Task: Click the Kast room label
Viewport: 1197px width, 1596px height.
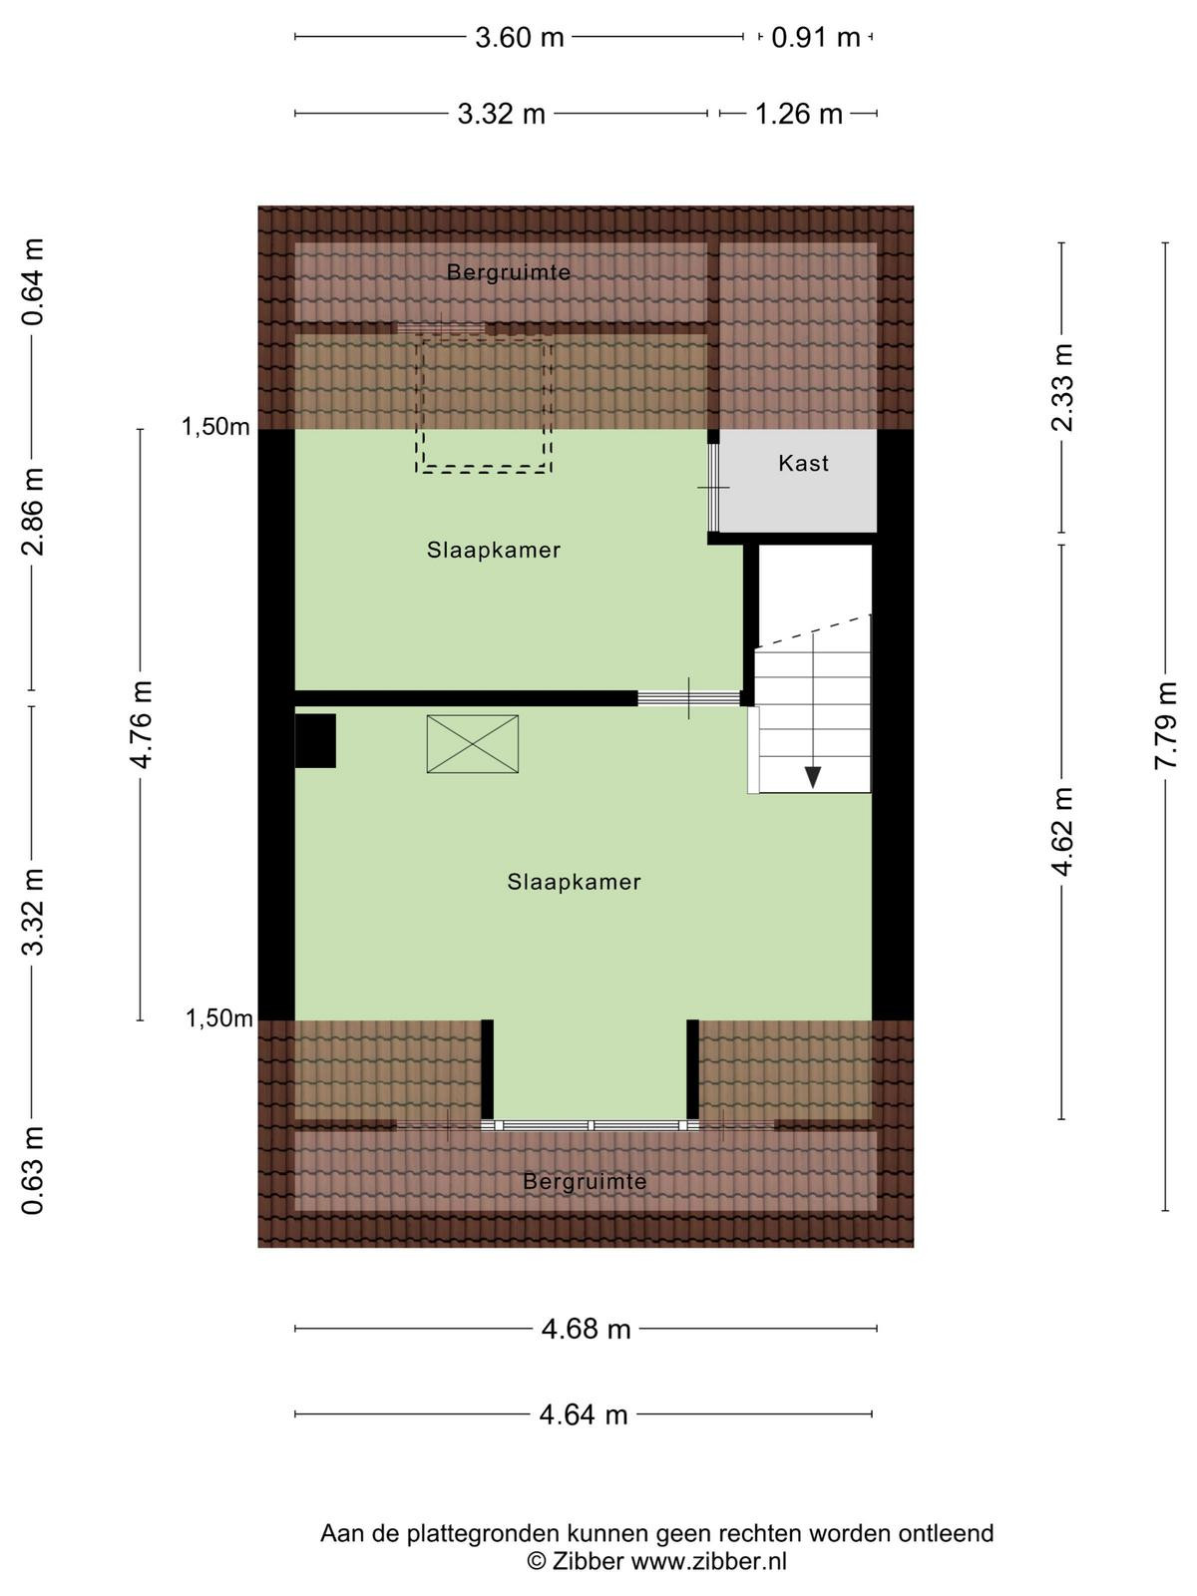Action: click(x=803, y=463)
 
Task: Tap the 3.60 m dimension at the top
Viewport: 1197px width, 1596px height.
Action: click(x=519, y=37)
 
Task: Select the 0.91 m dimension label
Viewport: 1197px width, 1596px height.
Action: click(x=815, y=37)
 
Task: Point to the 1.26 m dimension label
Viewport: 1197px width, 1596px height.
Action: click(x=798, y=114)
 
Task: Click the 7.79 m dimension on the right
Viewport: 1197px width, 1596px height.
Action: click(x=1166, y=725)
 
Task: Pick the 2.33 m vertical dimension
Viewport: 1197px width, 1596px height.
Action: click(x=1061, y=388)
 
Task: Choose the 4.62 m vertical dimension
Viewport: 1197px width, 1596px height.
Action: click(x=1061, y=832)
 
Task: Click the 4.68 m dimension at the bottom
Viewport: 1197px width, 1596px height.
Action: click(x=586, y=1329)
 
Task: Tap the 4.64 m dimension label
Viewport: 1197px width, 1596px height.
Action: click(x=584, y=1414)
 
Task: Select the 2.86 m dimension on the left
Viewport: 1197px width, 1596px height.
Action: click(x=33, y=512)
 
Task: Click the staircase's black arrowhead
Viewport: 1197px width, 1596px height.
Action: click(x=813, y=777)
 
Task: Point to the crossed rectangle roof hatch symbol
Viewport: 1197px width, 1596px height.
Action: click(x=473, y=743)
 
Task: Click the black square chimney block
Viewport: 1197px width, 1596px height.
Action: click(x=315, y=740)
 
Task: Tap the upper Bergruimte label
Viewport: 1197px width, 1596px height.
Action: click(x=508, y=272)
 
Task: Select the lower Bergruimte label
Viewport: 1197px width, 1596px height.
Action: click(x=585, y=1182)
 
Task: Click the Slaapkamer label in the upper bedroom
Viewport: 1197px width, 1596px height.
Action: click(x=494, y=550)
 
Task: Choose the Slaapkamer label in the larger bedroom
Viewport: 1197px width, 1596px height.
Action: click(x=575, y=882)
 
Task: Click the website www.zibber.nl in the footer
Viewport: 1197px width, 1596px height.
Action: click(x=708, y=1560)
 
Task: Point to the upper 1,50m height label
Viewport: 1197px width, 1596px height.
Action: click(x=215, y=427)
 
